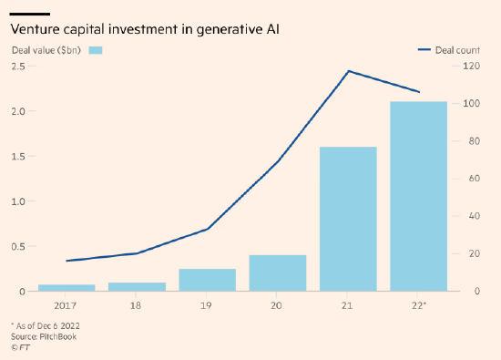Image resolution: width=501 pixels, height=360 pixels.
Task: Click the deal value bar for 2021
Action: (348, 219)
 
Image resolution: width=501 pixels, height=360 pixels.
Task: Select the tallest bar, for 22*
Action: (419, 196)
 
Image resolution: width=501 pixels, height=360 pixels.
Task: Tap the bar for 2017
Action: (66, 288)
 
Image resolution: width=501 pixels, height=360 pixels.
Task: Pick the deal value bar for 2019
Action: (208, 280)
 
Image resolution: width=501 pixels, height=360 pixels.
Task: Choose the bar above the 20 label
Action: (278, 273)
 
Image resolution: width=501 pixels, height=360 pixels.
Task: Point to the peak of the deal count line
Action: (349, 71)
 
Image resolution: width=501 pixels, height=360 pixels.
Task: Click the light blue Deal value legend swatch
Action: (96, 50)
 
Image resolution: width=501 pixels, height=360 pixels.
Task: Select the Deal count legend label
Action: (457, 50)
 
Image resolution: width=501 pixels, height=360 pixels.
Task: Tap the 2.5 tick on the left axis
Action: (18, 67)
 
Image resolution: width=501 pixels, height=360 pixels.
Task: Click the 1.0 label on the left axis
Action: (18, 201)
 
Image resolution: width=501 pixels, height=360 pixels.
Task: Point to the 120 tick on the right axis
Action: (471, 66)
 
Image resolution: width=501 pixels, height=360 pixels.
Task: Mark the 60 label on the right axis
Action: (475, 179)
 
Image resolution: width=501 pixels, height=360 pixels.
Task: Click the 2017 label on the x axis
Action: (66, 306)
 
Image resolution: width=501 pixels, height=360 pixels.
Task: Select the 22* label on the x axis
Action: (419, 305)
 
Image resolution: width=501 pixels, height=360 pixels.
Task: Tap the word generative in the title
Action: (229, 30)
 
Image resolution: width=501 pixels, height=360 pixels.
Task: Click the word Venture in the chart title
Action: (36, 29)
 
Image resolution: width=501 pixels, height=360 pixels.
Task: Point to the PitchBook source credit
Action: (44, 336)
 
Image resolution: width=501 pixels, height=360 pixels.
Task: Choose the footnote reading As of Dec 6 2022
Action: (46, 325)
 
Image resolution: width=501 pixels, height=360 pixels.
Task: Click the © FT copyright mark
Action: (20, 347)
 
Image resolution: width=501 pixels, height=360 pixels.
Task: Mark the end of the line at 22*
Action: (419, 92)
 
